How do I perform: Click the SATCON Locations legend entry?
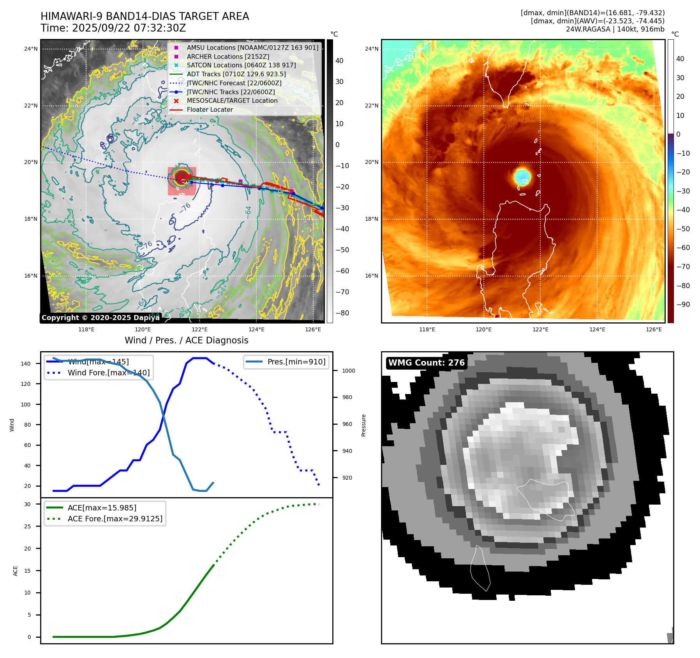(241, 65)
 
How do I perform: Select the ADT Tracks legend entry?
(236, 74)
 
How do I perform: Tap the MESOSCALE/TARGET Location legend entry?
(232, 100)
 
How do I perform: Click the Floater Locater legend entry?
(210, 109)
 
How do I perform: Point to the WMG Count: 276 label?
(427, 363)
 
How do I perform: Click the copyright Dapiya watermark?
(101, 318)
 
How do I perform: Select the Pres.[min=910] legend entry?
(296, 362)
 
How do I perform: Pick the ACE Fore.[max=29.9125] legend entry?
(115, 519)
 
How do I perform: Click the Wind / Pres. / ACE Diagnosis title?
(186, 340)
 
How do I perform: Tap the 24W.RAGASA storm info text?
(615, 29)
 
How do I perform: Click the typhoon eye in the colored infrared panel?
(522, 176)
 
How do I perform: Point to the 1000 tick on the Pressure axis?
(348, 371)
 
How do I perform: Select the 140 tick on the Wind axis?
(26, 364)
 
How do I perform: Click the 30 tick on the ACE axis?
(27, 504)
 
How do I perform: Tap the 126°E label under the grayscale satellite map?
(313, 329)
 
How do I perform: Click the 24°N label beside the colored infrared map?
(371, 49)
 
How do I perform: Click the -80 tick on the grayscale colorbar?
(342, 313)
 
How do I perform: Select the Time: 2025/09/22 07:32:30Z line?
(113, 28)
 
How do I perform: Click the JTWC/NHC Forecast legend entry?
(234, 83)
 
